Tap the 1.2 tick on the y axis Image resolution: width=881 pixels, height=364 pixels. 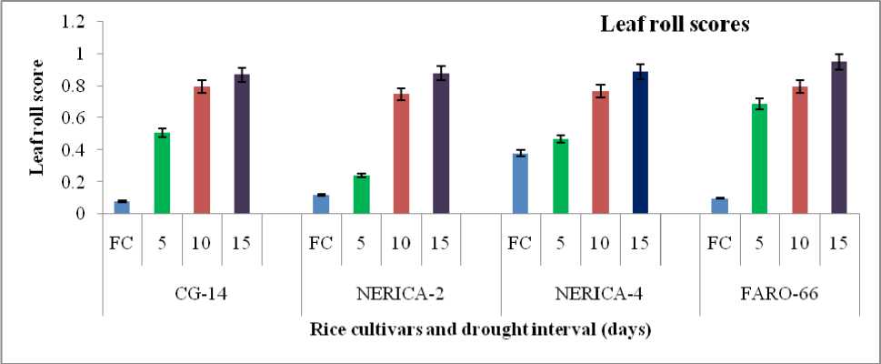71,21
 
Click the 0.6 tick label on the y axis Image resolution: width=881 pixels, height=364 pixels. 71,117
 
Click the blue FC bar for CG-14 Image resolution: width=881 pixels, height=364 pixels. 121,207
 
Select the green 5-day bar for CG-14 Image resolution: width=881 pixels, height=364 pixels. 161,173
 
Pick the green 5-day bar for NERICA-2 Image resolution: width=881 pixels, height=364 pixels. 361,195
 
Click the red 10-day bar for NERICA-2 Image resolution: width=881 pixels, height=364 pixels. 401,154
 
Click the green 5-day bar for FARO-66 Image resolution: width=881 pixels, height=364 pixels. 759,158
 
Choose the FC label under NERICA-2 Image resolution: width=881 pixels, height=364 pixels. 321,243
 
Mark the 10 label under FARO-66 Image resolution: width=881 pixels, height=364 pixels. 799,243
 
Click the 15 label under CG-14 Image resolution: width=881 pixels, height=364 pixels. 241,243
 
